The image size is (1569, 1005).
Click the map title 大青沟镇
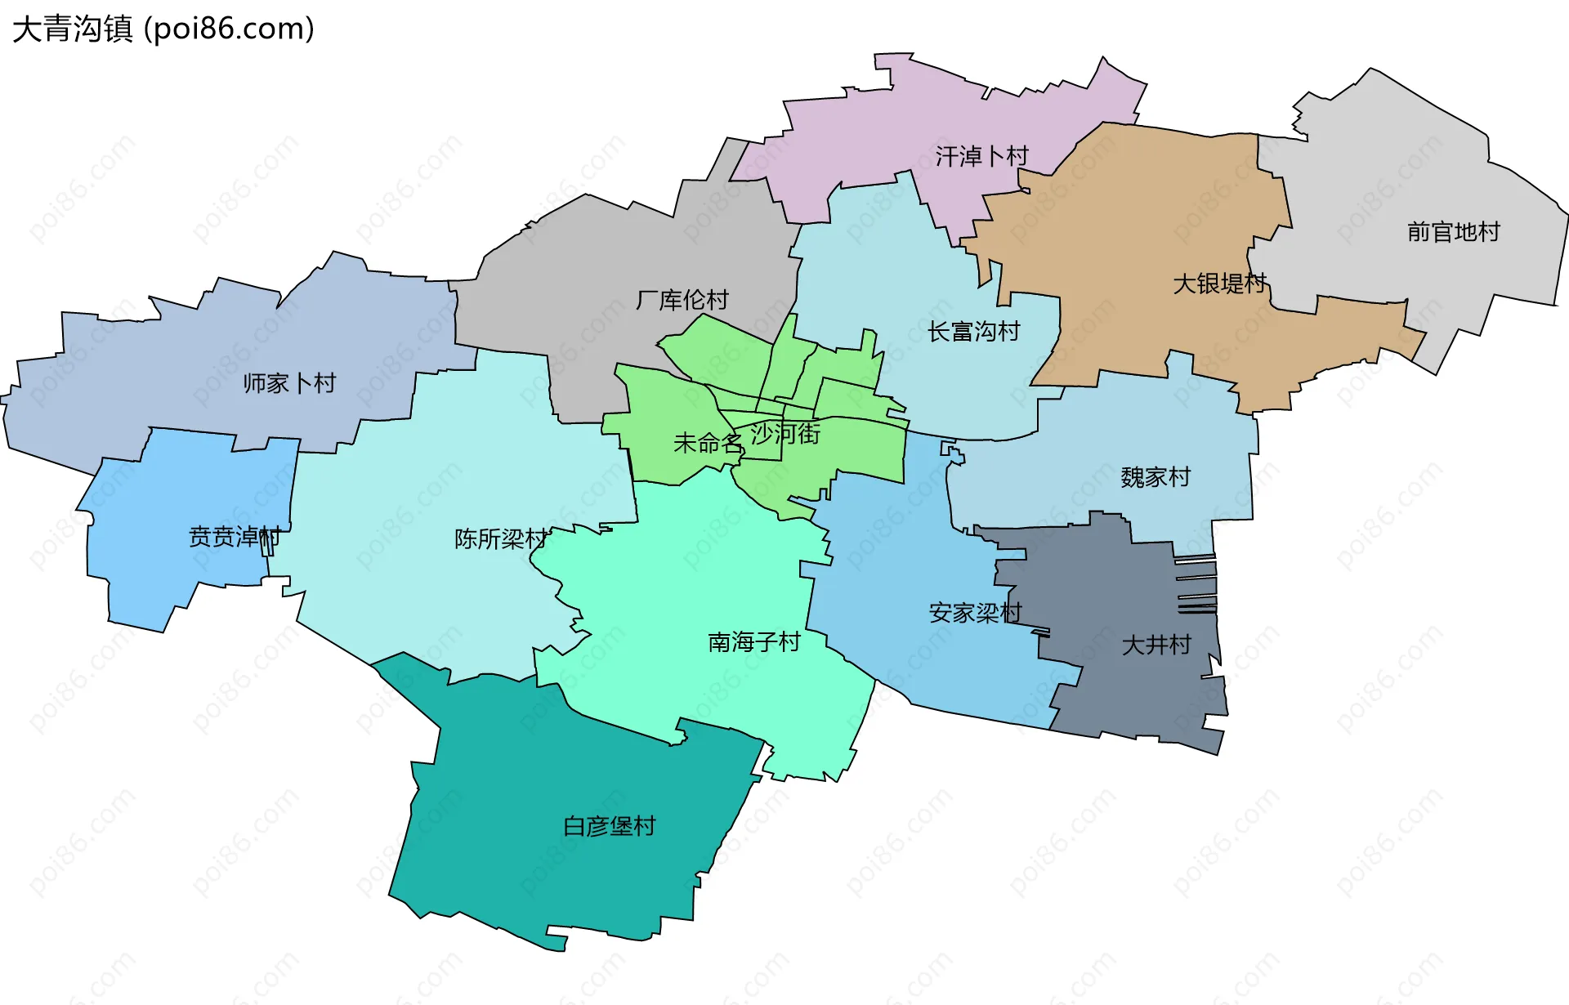click(72, 29)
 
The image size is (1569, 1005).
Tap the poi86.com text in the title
click(229, 29)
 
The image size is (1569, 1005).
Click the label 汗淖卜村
click(981, 156)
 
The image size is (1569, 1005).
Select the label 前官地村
click(1453, 232)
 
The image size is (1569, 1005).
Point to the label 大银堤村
click(1219, 284)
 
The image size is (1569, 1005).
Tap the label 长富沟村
click(973, 332)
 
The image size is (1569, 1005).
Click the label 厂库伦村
click(682, 300)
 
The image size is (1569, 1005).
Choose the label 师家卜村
click(289, 383)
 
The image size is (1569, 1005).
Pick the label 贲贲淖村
click(235, 537)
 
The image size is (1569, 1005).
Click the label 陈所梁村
click(500, 539)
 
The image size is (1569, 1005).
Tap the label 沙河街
click(785, 433)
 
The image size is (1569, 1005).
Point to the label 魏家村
click(1156, 477)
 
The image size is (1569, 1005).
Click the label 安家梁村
click(975, 613)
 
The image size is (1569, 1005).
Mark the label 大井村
click(1156, 645)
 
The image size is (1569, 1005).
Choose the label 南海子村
click(753, 642)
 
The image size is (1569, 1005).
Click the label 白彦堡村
click(609, 826)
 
